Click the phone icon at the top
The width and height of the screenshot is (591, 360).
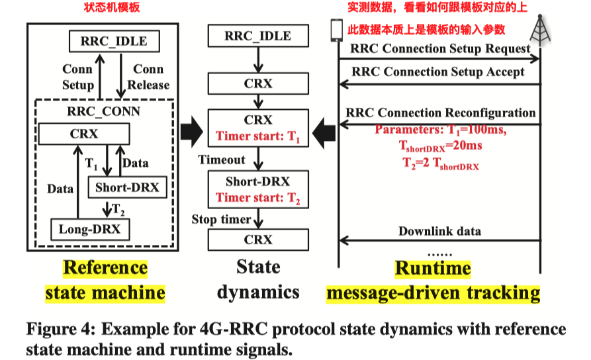[336, 29]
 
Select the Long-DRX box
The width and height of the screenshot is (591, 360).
[91, 230]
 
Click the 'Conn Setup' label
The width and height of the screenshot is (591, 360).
[78, 77]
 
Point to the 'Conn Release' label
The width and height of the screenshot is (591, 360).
[148, 77]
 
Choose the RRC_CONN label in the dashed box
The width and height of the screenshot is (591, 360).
[104, 111]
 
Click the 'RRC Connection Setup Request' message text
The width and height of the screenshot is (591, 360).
[440, 48]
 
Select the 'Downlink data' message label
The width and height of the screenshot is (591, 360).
[439, 231]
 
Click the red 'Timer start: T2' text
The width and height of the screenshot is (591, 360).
[257, 197]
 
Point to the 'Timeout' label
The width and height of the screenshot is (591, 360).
[222, 159]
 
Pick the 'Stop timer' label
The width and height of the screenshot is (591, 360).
[222, 219]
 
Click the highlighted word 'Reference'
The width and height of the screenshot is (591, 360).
[105, 267]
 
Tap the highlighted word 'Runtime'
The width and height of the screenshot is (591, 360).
[433, 267]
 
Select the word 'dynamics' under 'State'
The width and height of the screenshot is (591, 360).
[258, 292]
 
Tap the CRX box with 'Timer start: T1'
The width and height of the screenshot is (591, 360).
[257, 128]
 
